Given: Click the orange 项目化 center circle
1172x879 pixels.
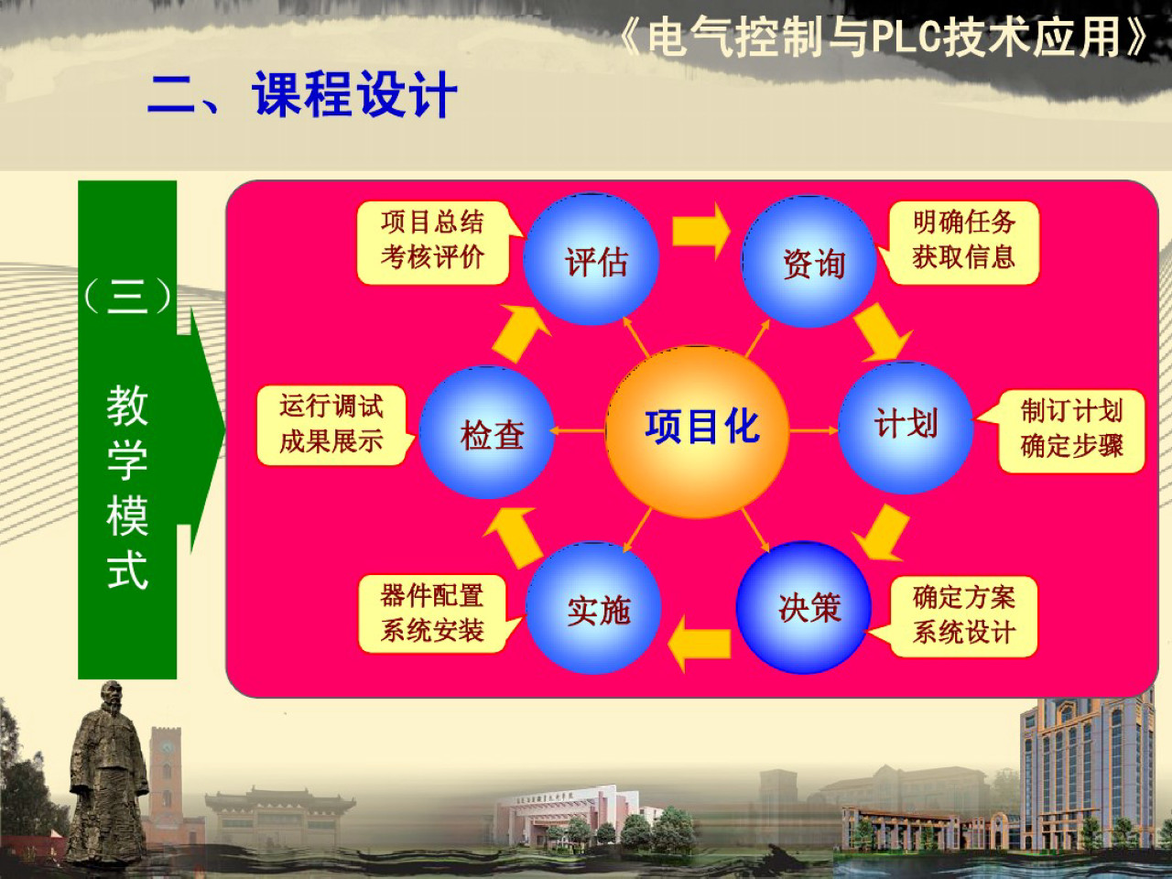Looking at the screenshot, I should [698, 430].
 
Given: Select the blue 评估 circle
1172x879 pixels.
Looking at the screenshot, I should [591, 260].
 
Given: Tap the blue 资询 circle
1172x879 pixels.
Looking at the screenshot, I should [809, 263].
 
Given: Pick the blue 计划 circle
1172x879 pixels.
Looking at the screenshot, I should [906, 427].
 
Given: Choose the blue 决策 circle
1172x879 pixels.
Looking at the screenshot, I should [804, 608].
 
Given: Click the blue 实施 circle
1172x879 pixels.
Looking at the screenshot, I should [595, 609].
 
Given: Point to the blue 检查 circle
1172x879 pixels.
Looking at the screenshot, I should [487, 433].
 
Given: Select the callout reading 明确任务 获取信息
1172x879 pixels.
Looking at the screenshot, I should [963, 241].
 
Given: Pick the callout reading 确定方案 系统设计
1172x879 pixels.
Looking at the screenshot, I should [963, 615].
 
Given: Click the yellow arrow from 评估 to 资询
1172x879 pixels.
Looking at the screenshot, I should [700, 232].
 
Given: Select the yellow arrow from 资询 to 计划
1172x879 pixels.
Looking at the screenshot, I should [882, 331].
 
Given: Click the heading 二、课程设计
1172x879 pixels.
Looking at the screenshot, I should [302, 94].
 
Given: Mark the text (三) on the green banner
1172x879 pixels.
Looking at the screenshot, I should [127, 296].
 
